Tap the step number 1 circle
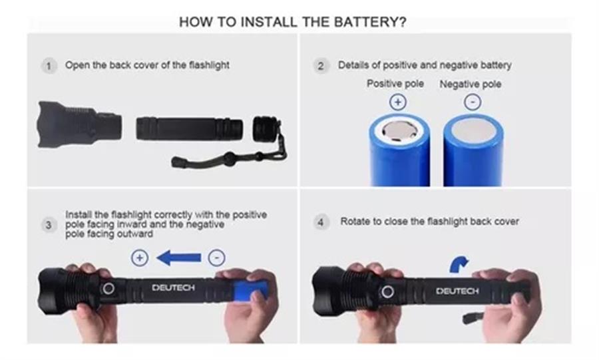pos(49,66)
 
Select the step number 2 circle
pos(321,66)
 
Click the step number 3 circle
pos(49,225)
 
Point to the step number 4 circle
pos(321,222)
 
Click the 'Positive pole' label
pos(395,84)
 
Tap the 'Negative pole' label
pos(471,84)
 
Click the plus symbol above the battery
pos(398,102)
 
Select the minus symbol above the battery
pos(473,102)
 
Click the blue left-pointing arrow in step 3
pos(179,258)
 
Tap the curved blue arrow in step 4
pos(459,265)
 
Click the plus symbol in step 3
pos(140,258)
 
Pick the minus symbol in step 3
pos(216,258)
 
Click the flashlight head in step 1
pos(79,124)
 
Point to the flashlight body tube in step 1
pos(189,128)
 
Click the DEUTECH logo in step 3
pos(173,287)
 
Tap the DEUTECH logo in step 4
pos(457,291)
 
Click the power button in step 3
pos(108,288)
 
